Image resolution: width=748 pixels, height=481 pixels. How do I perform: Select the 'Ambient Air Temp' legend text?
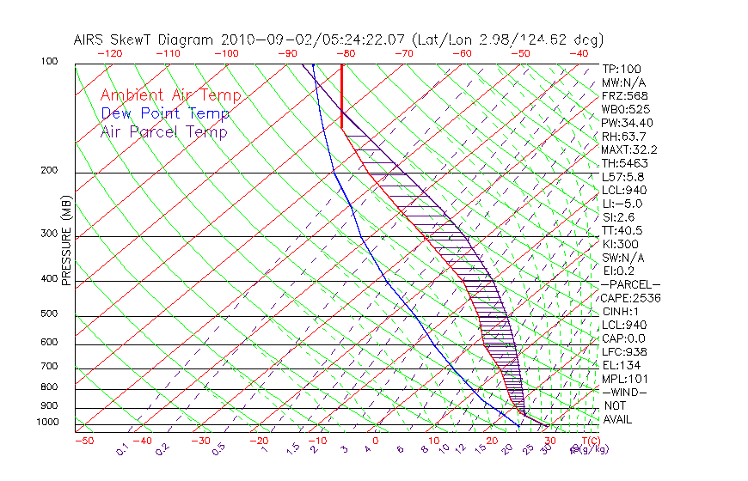pos(170,95)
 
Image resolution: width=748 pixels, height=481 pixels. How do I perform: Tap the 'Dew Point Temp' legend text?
pos(165,113)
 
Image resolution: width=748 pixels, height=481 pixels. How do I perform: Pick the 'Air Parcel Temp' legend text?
pos(164,131)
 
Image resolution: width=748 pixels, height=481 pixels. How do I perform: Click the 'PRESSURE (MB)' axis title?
pos(67,240)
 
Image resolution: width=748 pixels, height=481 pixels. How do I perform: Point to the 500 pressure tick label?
pos(51,314)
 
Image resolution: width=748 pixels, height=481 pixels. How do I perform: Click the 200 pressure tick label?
pos(51,171)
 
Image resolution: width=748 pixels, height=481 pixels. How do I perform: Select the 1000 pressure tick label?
pos(49,423)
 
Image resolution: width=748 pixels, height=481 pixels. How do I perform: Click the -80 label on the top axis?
pos(345,53)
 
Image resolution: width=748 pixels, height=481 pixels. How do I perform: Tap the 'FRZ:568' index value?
pos(623,96)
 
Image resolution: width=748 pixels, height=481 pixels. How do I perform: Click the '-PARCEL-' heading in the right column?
pos(630,284)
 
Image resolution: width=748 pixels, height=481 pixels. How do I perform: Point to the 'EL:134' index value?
pos(620,365)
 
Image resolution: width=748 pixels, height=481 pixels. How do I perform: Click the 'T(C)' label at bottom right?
pos(589,441)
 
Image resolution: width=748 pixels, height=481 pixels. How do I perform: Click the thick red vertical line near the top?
pos(342,94)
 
